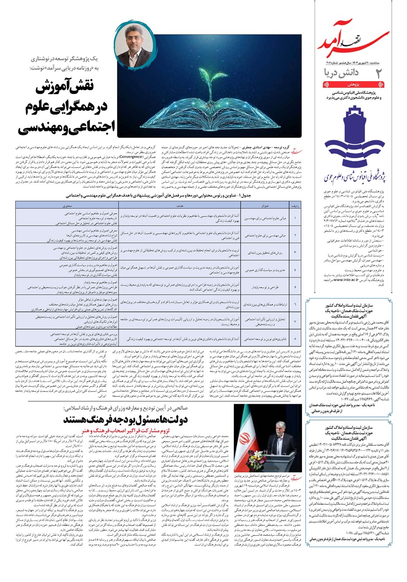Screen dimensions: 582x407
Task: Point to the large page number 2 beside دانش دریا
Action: [x=379, y=74]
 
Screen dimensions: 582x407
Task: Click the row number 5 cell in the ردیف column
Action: [x=295, y=286]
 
